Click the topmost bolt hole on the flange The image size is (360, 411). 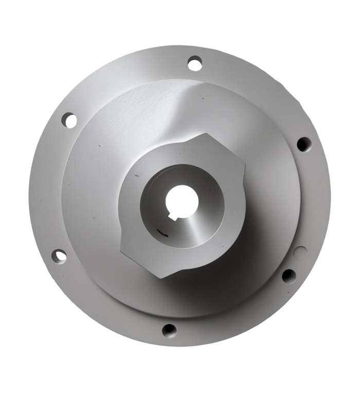[x=194, y=64]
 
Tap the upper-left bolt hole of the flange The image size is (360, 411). [x=69, y=120]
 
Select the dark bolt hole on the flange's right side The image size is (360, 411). [x=303, y=144]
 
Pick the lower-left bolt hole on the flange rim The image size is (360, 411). [x=59, y=255]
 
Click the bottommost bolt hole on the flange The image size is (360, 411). [x=169, y=330]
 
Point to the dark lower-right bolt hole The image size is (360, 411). [x=289, y=276]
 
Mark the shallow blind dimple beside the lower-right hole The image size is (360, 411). [x=301, y=252]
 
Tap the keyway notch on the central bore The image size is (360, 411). [x=173, y=217]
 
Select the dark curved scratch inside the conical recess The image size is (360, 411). [x=163, y=234]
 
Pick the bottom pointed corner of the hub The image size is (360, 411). [x=160, y=277]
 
